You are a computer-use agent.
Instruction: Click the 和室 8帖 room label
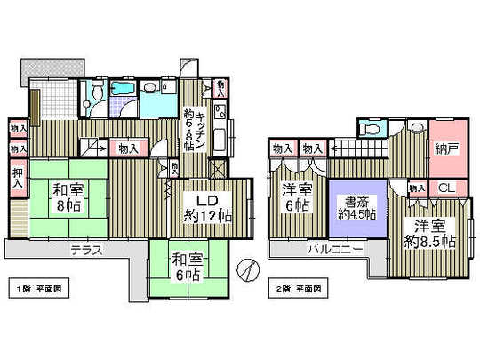point(68,196)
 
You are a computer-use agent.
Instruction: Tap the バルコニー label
point(335,250)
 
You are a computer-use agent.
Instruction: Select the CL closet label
point(446,188)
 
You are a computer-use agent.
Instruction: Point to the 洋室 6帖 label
point(297,198)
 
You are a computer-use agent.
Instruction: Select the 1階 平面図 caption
point(42,290)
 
